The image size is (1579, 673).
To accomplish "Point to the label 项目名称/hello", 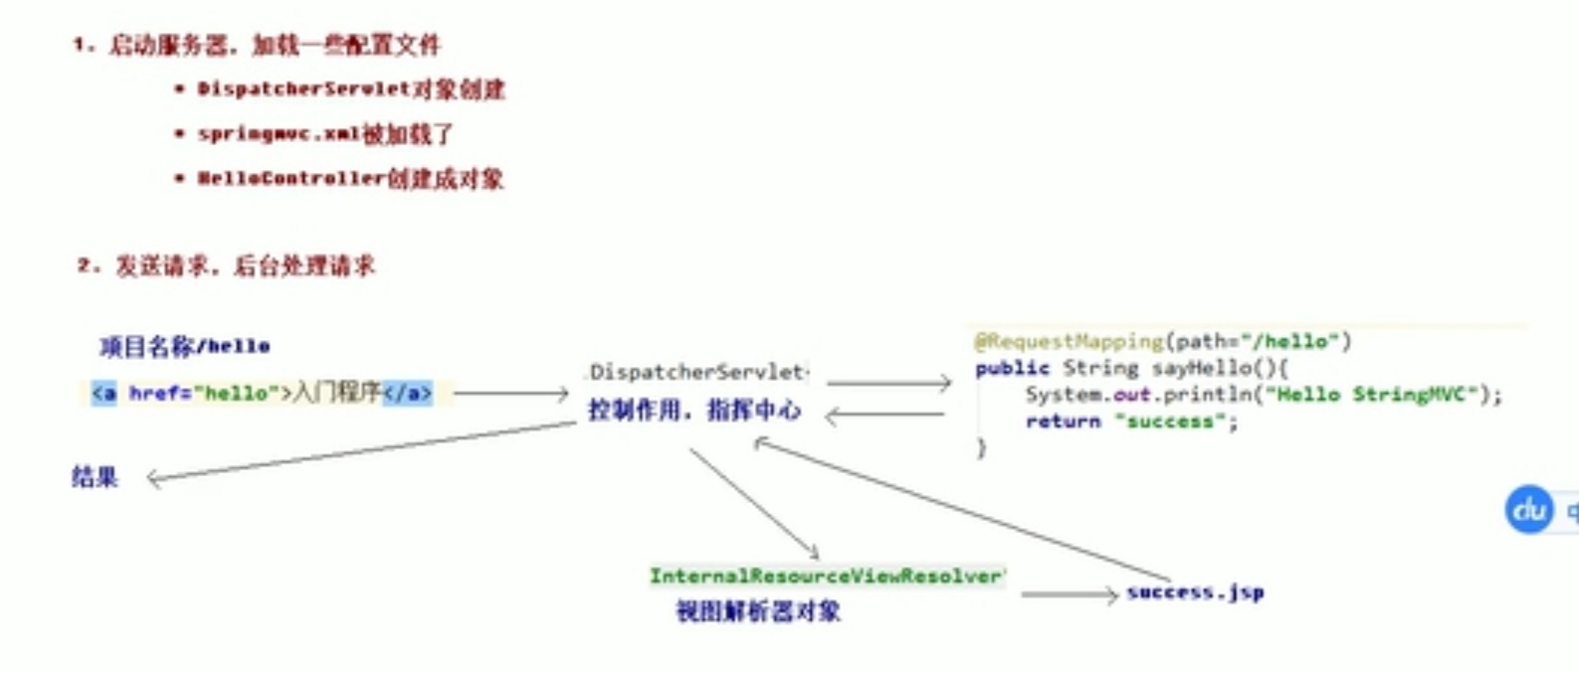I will click(185, 346).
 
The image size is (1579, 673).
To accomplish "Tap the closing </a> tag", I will click(408, 394).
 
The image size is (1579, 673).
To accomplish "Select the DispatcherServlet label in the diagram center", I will click(696, 373).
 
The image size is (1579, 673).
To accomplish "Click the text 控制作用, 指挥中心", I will click(694, 410).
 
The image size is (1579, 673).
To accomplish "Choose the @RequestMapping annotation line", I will click(1162, 342).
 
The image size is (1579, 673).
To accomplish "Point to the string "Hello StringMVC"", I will click(1372, 395).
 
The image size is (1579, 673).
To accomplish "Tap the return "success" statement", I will click(1131, 421).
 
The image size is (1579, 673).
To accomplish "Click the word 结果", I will click(95, 477).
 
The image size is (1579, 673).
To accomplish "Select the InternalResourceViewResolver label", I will click(826, 577).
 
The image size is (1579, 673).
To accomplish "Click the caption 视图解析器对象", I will click(758, 611).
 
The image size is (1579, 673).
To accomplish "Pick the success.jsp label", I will click(1195, 592).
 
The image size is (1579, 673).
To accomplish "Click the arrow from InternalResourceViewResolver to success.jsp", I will click(1069, 594).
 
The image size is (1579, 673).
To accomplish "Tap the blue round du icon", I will click(1528, 510).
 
